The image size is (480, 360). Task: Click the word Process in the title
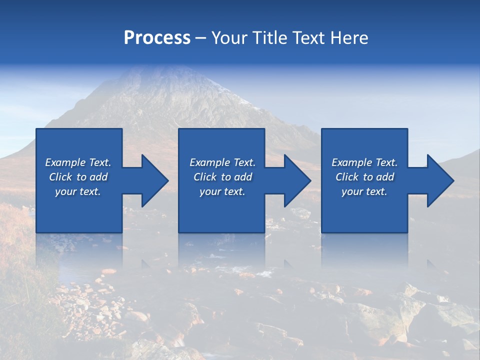157,38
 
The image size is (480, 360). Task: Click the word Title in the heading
268,38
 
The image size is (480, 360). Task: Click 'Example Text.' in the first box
78,162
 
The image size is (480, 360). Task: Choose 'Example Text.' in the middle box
222,162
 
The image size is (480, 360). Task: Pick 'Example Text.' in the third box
364,162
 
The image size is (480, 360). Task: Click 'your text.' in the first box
78,191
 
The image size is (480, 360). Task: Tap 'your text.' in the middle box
222,191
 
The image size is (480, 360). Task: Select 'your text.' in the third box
364,191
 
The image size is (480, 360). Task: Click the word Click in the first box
60,177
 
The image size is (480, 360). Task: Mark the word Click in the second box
205,177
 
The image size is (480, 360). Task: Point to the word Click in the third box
347,177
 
